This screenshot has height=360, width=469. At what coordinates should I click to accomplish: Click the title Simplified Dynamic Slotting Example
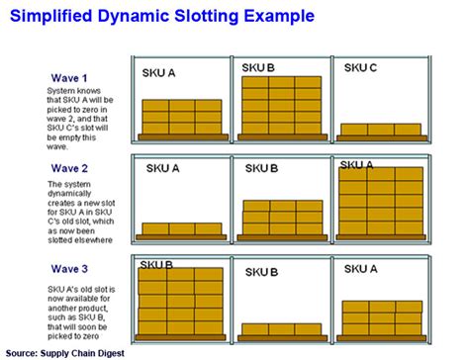pos(163,17)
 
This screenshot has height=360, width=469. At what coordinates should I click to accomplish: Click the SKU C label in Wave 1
pos(360,68)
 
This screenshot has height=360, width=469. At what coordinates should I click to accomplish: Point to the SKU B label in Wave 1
pos(258,68)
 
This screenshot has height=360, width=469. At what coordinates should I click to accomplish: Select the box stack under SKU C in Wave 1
pos(379,130)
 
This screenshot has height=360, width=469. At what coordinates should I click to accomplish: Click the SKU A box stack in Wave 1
pos(181,117)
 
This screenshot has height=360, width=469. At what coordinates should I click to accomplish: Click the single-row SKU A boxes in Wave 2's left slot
pos(181,228)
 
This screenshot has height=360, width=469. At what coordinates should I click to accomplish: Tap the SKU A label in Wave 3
pos(361,268)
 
